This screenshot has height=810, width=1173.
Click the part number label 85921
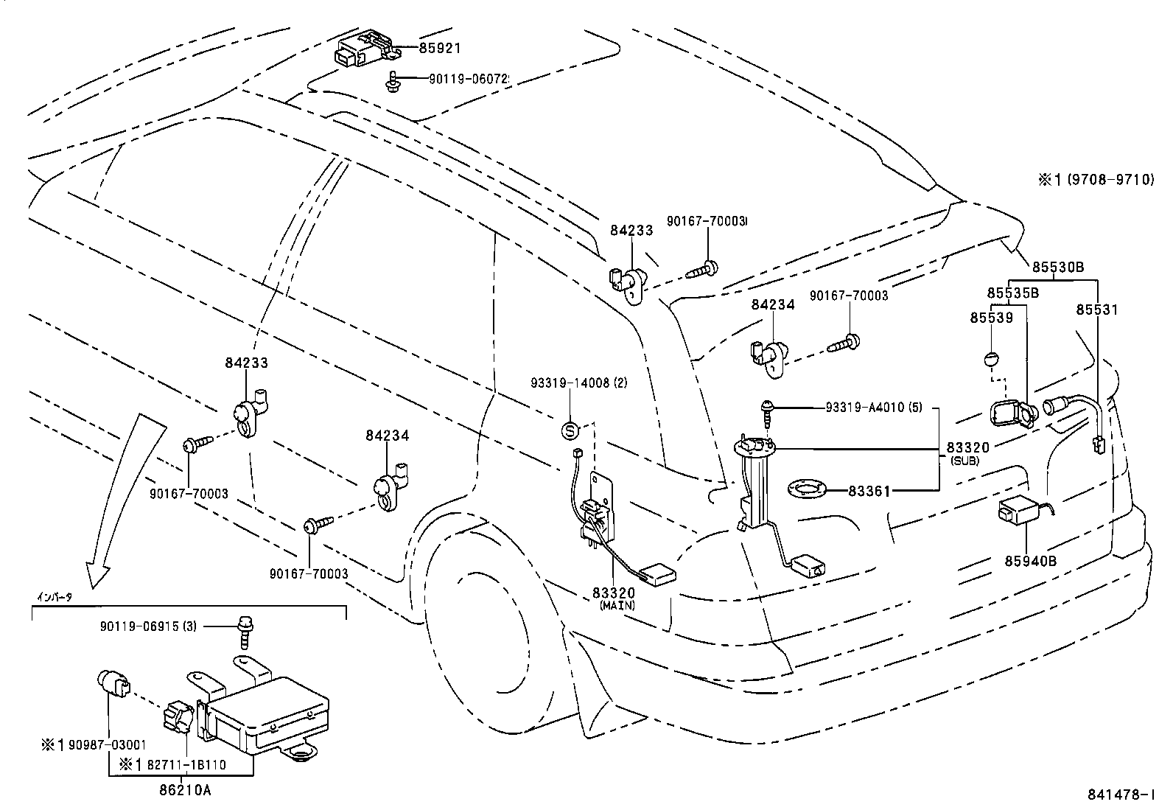(440, 49)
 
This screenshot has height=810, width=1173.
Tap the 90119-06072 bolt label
(469, 78)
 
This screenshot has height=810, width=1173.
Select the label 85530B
(1057, 268)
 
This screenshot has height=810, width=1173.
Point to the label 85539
(991, 318)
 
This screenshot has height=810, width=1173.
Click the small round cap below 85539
(991, 360)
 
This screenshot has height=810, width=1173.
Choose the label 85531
(1097, 310)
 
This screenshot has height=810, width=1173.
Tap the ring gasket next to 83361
(808, 489)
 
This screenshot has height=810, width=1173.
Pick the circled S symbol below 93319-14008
(572, 428)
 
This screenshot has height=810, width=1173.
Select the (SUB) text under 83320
(965, 460)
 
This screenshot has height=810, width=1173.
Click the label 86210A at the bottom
(185, 791)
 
